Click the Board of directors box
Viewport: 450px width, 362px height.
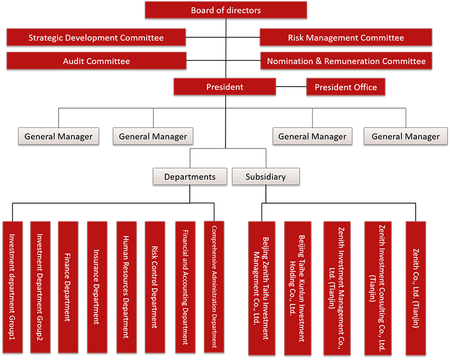tap(226, 10)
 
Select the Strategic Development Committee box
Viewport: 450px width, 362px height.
tap(96, 37)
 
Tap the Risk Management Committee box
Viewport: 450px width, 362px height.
tap(346, 37)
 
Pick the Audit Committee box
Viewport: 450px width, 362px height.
tap(96, 61)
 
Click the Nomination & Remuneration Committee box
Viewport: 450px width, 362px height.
tap(346, 61)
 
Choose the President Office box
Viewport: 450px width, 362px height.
tap(346, 87)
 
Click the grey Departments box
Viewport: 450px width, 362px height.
tap(190, 176)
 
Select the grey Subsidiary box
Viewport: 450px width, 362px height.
tap(265, 176)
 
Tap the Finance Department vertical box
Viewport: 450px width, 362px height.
tap(68, 287)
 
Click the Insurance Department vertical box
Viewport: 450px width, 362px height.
tap(97, 287)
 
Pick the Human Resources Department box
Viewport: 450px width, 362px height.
tap(127, 287)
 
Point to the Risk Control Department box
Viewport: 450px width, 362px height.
tap(155, 287)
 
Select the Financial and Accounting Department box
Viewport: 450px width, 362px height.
tap(186, 287)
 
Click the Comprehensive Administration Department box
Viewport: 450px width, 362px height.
tap(214, 287)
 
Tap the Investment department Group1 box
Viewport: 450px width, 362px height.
tap(12, 287)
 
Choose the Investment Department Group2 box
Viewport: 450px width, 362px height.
tap(40, 287)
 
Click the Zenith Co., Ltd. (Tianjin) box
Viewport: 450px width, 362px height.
tap(416, 288)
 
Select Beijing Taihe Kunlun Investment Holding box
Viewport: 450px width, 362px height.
tap(298, 288)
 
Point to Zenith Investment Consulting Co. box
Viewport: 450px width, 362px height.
tap(378, 288)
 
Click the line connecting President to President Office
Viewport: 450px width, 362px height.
tap(291, 87)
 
